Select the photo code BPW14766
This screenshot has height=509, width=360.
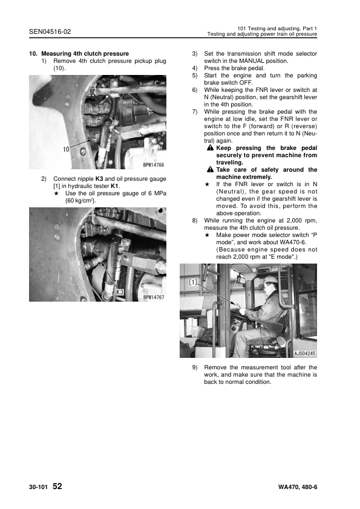(154, 164)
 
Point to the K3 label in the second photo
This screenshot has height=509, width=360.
(120, 292)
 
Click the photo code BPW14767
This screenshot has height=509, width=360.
(154, 297)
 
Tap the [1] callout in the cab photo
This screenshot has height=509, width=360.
(194, 282)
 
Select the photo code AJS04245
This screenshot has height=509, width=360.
(304, 354)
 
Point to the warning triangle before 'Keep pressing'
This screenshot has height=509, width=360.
(209, 148)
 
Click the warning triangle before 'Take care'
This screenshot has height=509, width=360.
(209, 170)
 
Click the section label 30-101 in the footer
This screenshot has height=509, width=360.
(38, 487)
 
